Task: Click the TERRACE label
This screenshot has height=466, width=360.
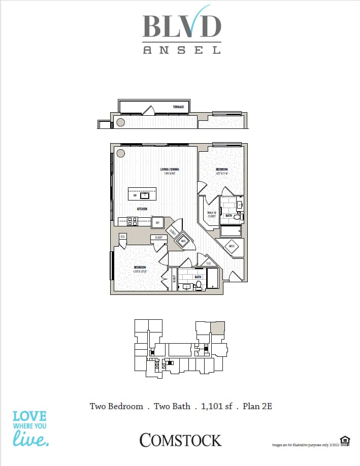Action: click(178, 107)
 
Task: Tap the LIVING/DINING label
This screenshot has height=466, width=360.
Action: click(170, 170)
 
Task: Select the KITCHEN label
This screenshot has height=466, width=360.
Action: click(141, 209)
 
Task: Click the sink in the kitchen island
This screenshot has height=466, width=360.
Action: click(145, 194)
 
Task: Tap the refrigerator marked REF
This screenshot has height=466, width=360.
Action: click(157, 222)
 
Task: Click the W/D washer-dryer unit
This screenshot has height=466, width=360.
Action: click(183, 241)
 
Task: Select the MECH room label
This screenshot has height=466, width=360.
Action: click(232, 247)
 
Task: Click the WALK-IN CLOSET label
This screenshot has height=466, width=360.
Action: click(211, 214)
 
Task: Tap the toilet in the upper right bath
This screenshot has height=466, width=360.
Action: click(238, 217)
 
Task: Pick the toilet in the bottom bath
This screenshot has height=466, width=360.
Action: click(199, 286)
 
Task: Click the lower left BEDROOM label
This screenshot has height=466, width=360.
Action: click(140, 267)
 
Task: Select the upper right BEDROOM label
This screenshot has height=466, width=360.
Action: click(222, 170)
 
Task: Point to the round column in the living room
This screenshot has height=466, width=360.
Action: click(121, 153)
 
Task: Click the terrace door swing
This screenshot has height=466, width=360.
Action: click(148, 110)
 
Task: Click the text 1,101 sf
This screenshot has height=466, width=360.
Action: click(218, 406)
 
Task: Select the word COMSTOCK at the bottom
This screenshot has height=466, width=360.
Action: click(180, 440)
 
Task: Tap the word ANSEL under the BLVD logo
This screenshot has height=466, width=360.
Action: click(182, 50)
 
